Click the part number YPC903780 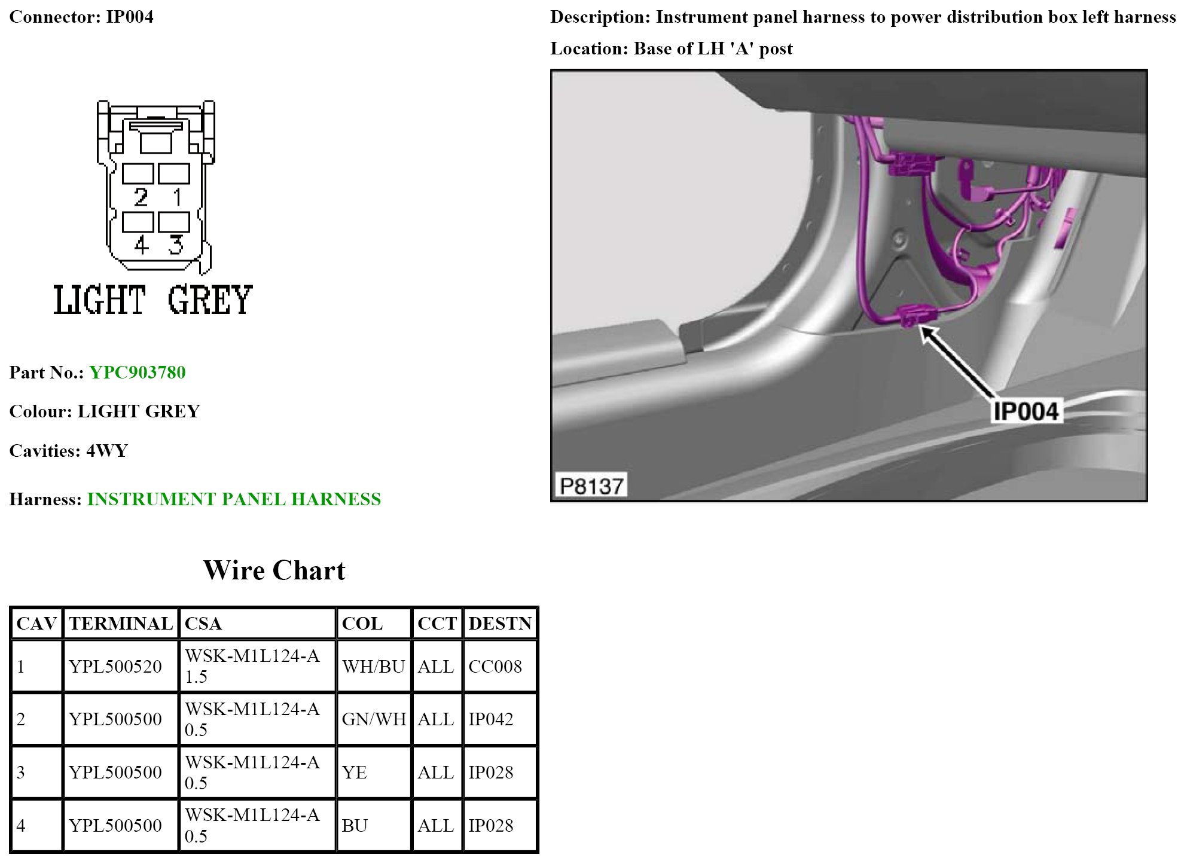138,373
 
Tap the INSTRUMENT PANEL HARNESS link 234,499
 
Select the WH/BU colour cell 374,666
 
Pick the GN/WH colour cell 374,719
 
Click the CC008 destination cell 499,666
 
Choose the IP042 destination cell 499,719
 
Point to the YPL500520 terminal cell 121,666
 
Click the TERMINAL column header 121,624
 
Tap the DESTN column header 499,624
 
